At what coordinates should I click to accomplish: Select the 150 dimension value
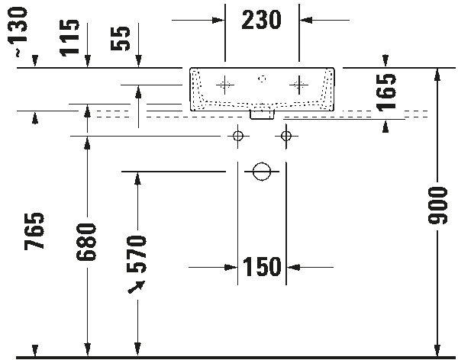(x=262, y=267)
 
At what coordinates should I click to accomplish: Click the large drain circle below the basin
(x=262, y=170)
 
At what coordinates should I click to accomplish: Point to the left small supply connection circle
(x=237, y=136)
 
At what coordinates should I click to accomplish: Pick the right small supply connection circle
(x=287, y=136)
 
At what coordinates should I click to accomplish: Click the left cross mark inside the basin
(x=225, y=85)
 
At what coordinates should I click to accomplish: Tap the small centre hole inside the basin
(x=262, y=78)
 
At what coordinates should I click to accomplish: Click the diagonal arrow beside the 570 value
(x=137, y=287)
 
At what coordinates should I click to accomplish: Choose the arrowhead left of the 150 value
(x=229, y=268)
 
